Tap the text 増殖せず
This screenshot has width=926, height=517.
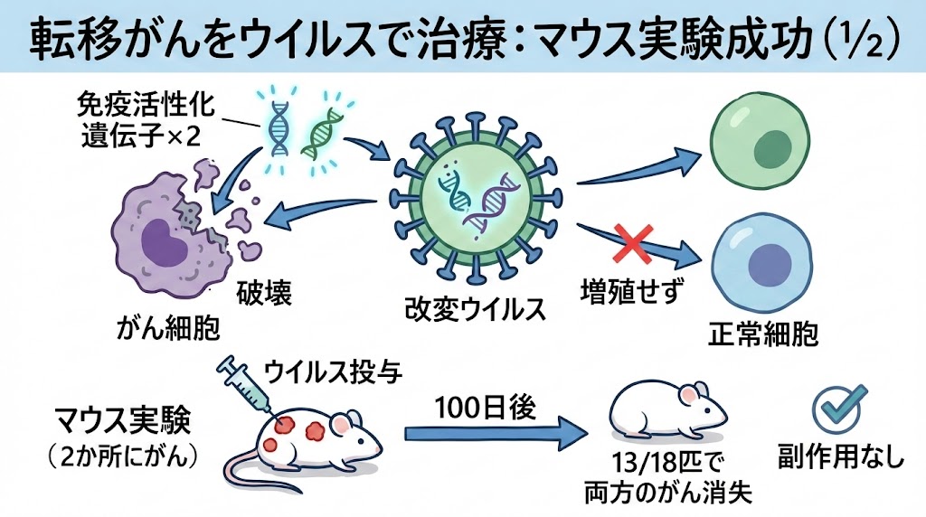click(x=630, y=294)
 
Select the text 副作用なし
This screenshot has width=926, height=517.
click(x=841, y=456)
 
